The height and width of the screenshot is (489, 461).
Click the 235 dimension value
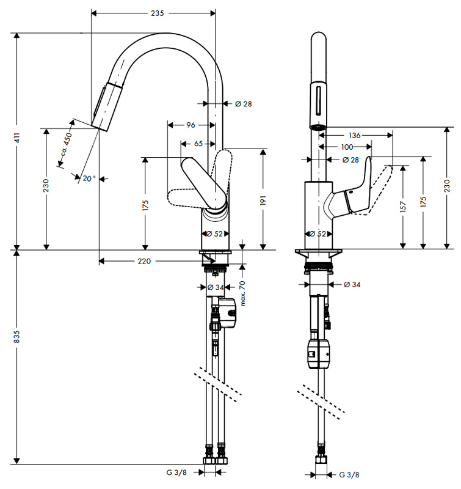(157, 14)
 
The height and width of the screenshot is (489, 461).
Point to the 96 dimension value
(190, 125)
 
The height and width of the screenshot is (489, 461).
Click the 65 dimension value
(198, 144)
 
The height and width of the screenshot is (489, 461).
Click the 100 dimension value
(347, 147)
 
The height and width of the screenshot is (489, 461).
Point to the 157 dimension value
(402, 208)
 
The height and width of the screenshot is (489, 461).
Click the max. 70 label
(242, 293)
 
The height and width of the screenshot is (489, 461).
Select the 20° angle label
(89, 178)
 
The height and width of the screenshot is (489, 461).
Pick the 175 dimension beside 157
(424, 202)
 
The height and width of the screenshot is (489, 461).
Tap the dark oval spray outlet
(317, 127)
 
